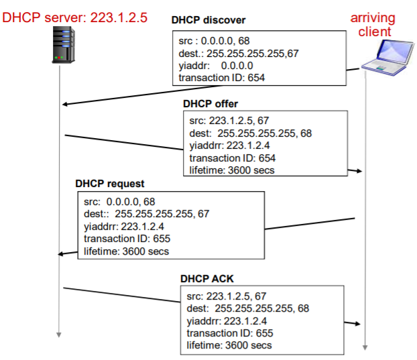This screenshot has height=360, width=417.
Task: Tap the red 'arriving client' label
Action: click(373, 25)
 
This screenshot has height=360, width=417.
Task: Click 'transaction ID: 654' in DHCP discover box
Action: click(222, 78)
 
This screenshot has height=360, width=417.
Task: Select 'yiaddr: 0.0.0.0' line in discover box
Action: click(216, 66)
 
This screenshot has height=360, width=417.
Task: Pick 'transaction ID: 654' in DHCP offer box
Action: click(233, 158)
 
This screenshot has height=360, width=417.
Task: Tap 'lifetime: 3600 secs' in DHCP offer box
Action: click(231, 170)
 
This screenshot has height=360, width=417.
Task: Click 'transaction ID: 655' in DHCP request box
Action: click(127, 239)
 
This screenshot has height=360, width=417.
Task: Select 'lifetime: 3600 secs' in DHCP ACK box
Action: click(229, 345)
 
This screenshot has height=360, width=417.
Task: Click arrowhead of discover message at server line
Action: click(64, 105)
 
